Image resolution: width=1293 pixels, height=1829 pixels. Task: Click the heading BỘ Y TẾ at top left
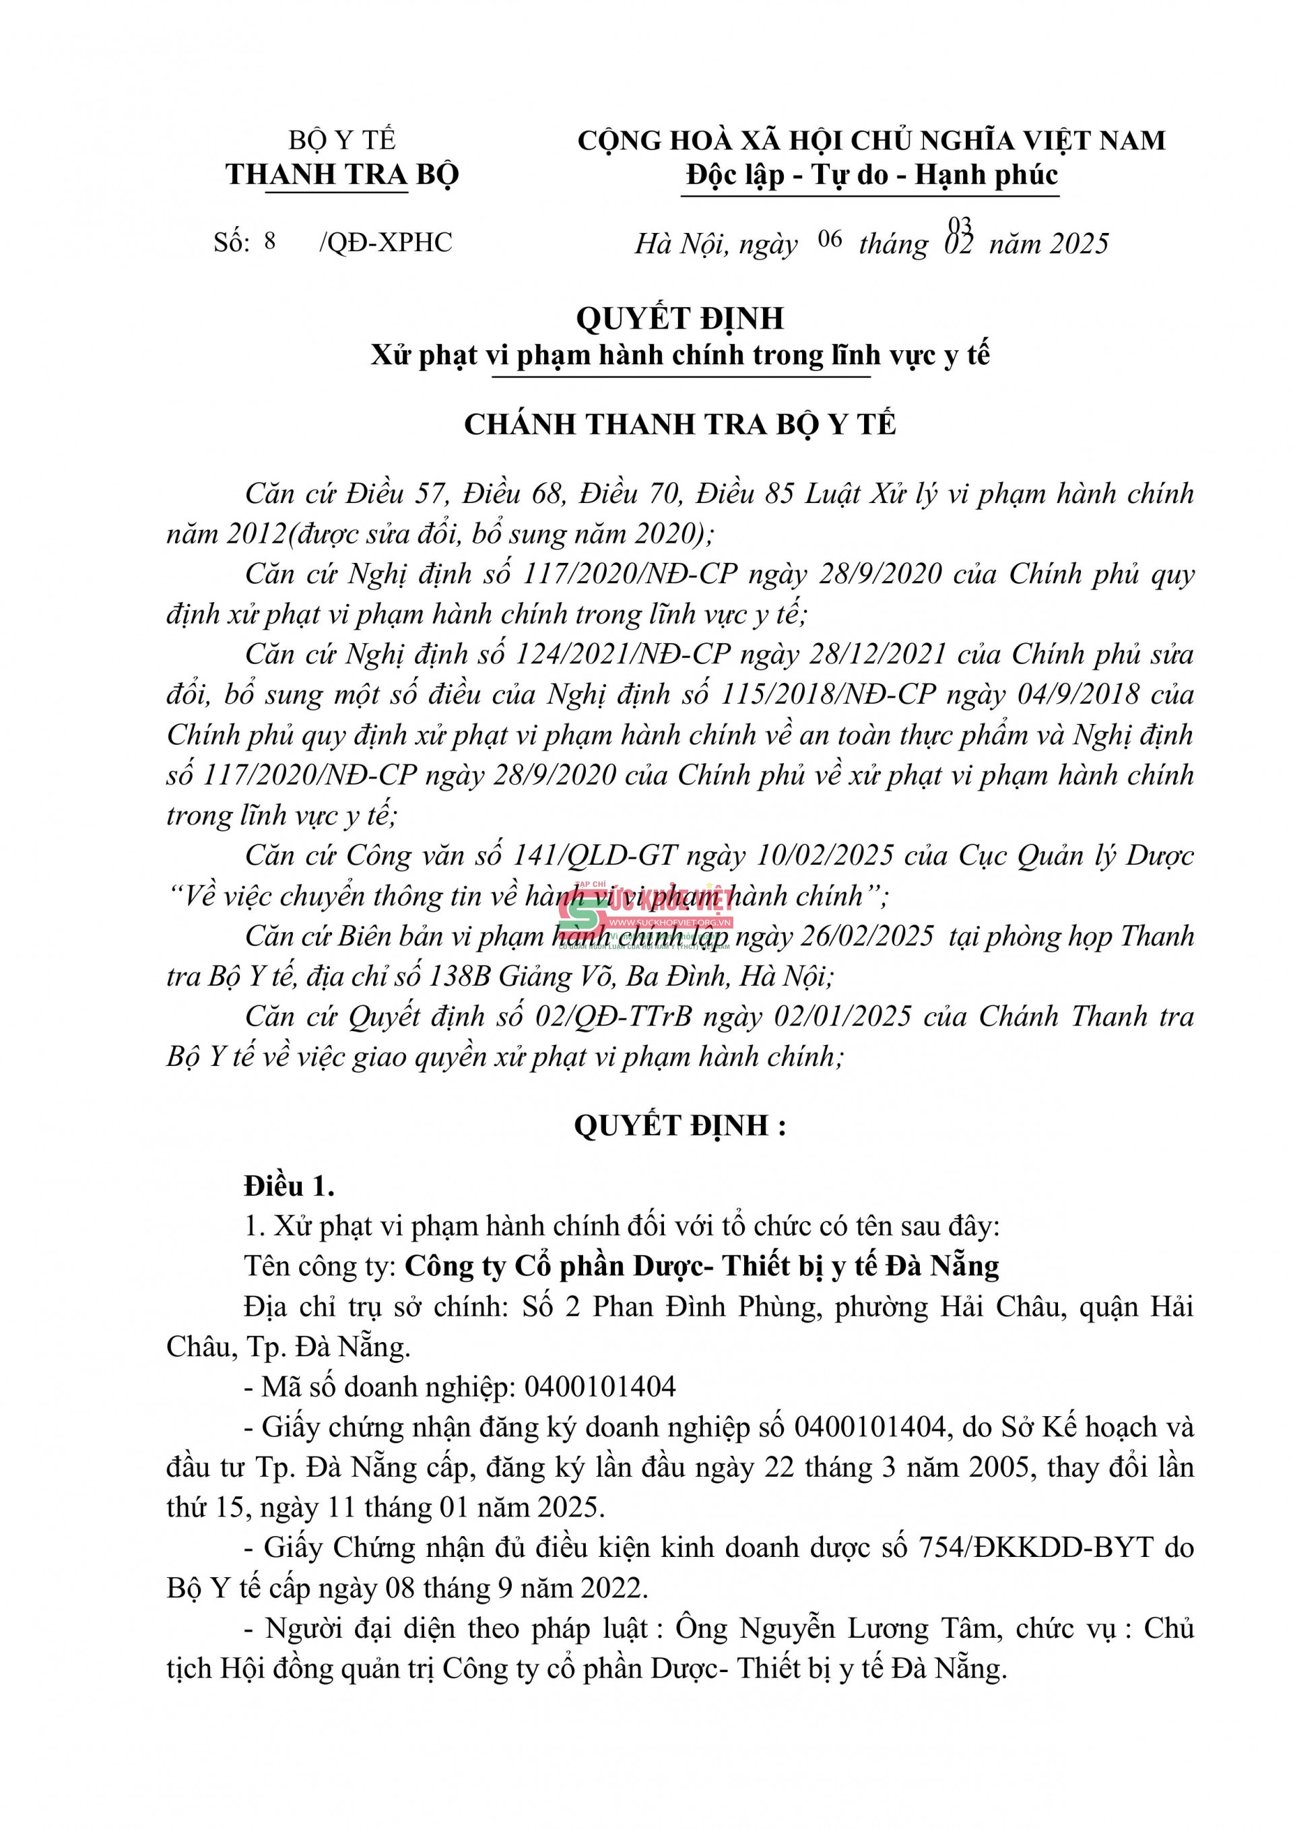point(342,141)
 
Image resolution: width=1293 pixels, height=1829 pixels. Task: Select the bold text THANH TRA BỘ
point(342,175)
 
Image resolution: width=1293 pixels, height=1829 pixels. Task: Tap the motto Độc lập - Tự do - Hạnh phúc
point(871,175)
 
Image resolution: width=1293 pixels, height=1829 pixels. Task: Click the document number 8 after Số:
point(270,240)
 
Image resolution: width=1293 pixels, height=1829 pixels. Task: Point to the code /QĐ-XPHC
point(386,242)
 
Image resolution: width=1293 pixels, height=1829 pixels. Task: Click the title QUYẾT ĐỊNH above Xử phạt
point(679,319)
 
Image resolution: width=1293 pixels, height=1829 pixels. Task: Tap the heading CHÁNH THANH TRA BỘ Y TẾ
point(679,424)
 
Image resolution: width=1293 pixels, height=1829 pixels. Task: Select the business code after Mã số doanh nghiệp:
point(600,1387)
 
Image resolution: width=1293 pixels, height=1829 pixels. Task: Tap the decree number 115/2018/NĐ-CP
point(828,695)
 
